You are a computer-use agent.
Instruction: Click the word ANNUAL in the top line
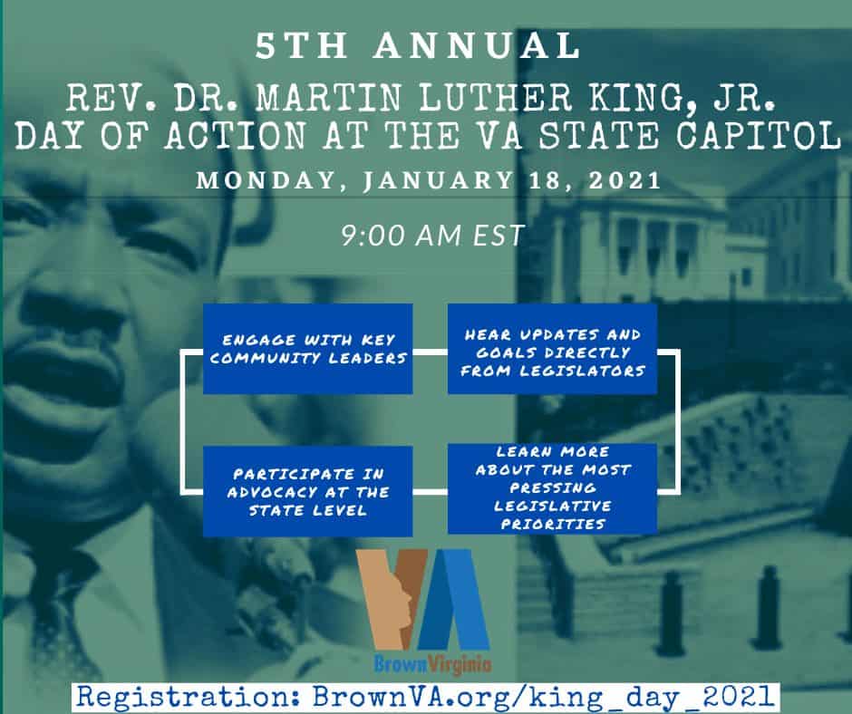(x=477, y=45)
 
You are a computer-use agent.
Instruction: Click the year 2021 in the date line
(x=624, y=179)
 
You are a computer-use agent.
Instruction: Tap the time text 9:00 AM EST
(x=432, y=236)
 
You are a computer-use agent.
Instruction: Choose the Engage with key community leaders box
(x=308, y=349)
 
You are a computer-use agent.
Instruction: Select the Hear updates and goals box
(x=553, y=349)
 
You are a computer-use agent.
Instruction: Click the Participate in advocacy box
(x=308, y=491)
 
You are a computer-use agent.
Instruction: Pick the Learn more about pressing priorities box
(x=553, y=488)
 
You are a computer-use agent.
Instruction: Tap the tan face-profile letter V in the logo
(x=392, y=599)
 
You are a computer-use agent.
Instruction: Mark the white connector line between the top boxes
(x=431, y=352)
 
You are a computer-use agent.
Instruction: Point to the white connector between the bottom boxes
(x=431, y=492)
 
